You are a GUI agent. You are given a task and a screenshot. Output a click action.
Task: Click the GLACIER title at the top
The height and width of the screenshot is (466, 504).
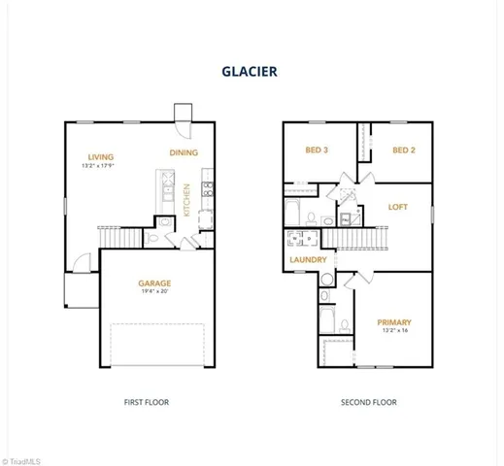[x=252, y=70]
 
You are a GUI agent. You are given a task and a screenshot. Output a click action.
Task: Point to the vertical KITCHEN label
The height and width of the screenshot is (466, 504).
[x=186, y=199]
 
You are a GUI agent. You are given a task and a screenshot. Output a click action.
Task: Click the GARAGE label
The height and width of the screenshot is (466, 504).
[x=154, y=284]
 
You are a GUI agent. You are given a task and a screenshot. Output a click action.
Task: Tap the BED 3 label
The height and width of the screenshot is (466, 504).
[x=318, y=150]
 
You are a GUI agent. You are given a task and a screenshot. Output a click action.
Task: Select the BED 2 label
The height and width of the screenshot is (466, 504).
[x=404, y=150]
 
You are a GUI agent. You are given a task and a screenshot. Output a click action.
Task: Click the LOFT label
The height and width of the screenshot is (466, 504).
[x=398, y=206]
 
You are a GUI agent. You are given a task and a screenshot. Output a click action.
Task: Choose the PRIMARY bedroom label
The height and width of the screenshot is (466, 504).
[x=394, y=322]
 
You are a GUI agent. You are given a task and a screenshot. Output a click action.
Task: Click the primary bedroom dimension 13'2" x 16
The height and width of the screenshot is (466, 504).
[x=394, y=332]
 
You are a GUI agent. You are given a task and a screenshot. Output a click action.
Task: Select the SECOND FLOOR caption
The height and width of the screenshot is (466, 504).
[x=367, y=402]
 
